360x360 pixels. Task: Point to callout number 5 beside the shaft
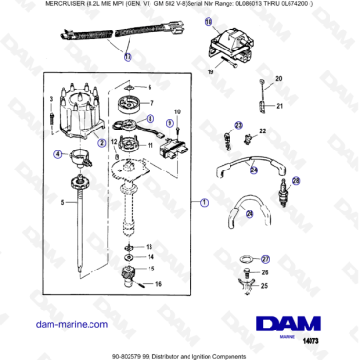[37, 203]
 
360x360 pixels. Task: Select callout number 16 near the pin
[158, 284]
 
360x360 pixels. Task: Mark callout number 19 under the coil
[212, 72]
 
